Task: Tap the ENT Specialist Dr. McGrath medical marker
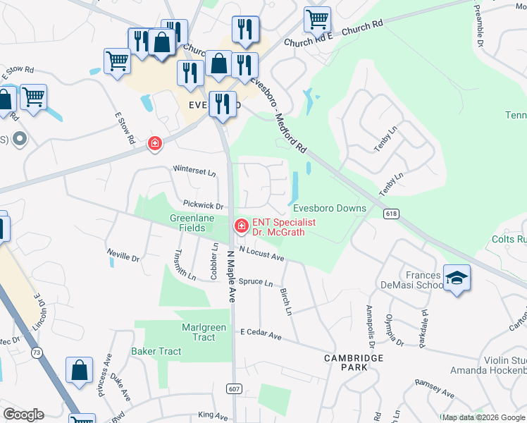[240, 226]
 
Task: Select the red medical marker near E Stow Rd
[154, 144]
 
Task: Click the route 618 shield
[391, 213]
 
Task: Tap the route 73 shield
[36, 351]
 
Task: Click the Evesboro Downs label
[330, 208]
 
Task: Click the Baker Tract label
[156, 351]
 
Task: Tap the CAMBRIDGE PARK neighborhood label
[354, 362]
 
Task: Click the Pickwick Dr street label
[203, 206]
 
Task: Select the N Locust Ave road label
[261, 254]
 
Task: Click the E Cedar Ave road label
[261, 334]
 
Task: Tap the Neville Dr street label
[123, 255]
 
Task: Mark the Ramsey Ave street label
[435, 387]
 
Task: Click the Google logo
[23, 415]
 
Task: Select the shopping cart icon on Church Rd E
[317, 19]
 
